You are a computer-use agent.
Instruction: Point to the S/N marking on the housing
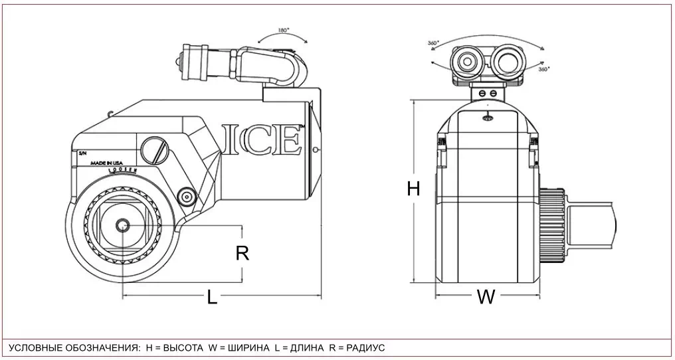[82, 153]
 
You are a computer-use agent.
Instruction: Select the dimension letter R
[242, 253]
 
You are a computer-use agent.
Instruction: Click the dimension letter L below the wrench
[212, 298]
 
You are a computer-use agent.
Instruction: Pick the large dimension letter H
[413, 189]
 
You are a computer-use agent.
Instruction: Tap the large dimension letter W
[486, 298]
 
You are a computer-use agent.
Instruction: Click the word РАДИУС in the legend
[365, 348]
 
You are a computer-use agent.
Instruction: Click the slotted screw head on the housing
[154, 149]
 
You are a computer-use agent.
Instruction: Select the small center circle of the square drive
[122, 226]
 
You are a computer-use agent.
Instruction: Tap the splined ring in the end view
[553, 225]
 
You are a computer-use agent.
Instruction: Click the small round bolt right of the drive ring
[187, 197]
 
